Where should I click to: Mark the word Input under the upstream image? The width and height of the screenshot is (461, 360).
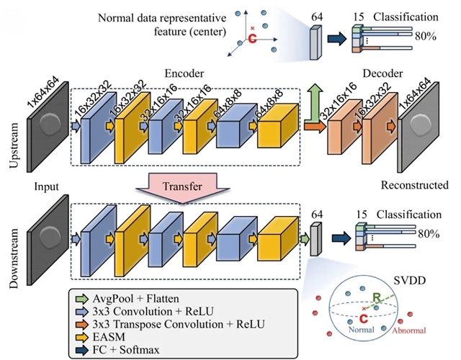pos(45,186)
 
